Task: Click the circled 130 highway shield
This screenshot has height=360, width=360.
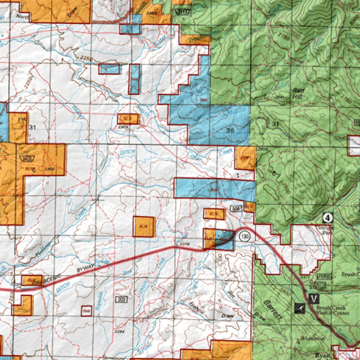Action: coord(245,236)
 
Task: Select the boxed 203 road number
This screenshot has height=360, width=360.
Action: coord(121,299)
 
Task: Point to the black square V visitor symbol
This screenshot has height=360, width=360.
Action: coord(314,299)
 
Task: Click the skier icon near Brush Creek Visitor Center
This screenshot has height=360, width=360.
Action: coord(300,309)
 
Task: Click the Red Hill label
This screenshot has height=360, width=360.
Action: coord(298,93)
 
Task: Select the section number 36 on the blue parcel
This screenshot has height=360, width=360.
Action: coord(230,130)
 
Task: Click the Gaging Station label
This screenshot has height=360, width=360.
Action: coord(318,285)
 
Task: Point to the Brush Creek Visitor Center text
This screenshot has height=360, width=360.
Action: coord(333,310)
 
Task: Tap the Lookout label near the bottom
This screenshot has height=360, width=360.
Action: coord(315,338)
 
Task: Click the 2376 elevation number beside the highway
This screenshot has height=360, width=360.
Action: coord(185,244)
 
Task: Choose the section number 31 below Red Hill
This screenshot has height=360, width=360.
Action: coord(275,123)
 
